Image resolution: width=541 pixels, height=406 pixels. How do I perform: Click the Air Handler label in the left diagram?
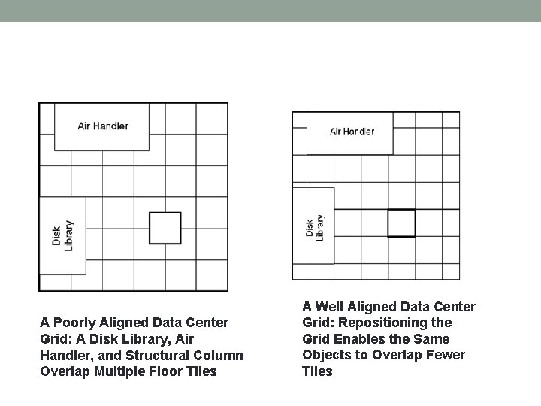(103, 126)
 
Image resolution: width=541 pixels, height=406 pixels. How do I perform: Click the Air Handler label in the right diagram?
(352, 132)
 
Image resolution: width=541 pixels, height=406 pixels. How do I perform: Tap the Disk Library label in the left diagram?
(62, 236)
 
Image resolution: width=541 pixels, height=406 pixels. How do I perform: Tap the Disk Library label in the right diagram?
(314, 227)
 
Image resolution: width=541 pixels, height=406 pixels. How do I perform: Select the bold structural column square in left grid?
(165, 228)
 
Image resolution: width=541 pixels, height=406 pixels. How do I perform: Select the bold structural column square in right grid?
(401, 223)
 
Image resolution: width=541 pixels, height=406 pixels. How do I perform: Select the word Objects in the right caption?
(326, 355)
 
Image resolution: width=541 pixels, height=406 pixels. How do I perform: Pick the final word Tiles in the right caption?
(317, 371)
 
